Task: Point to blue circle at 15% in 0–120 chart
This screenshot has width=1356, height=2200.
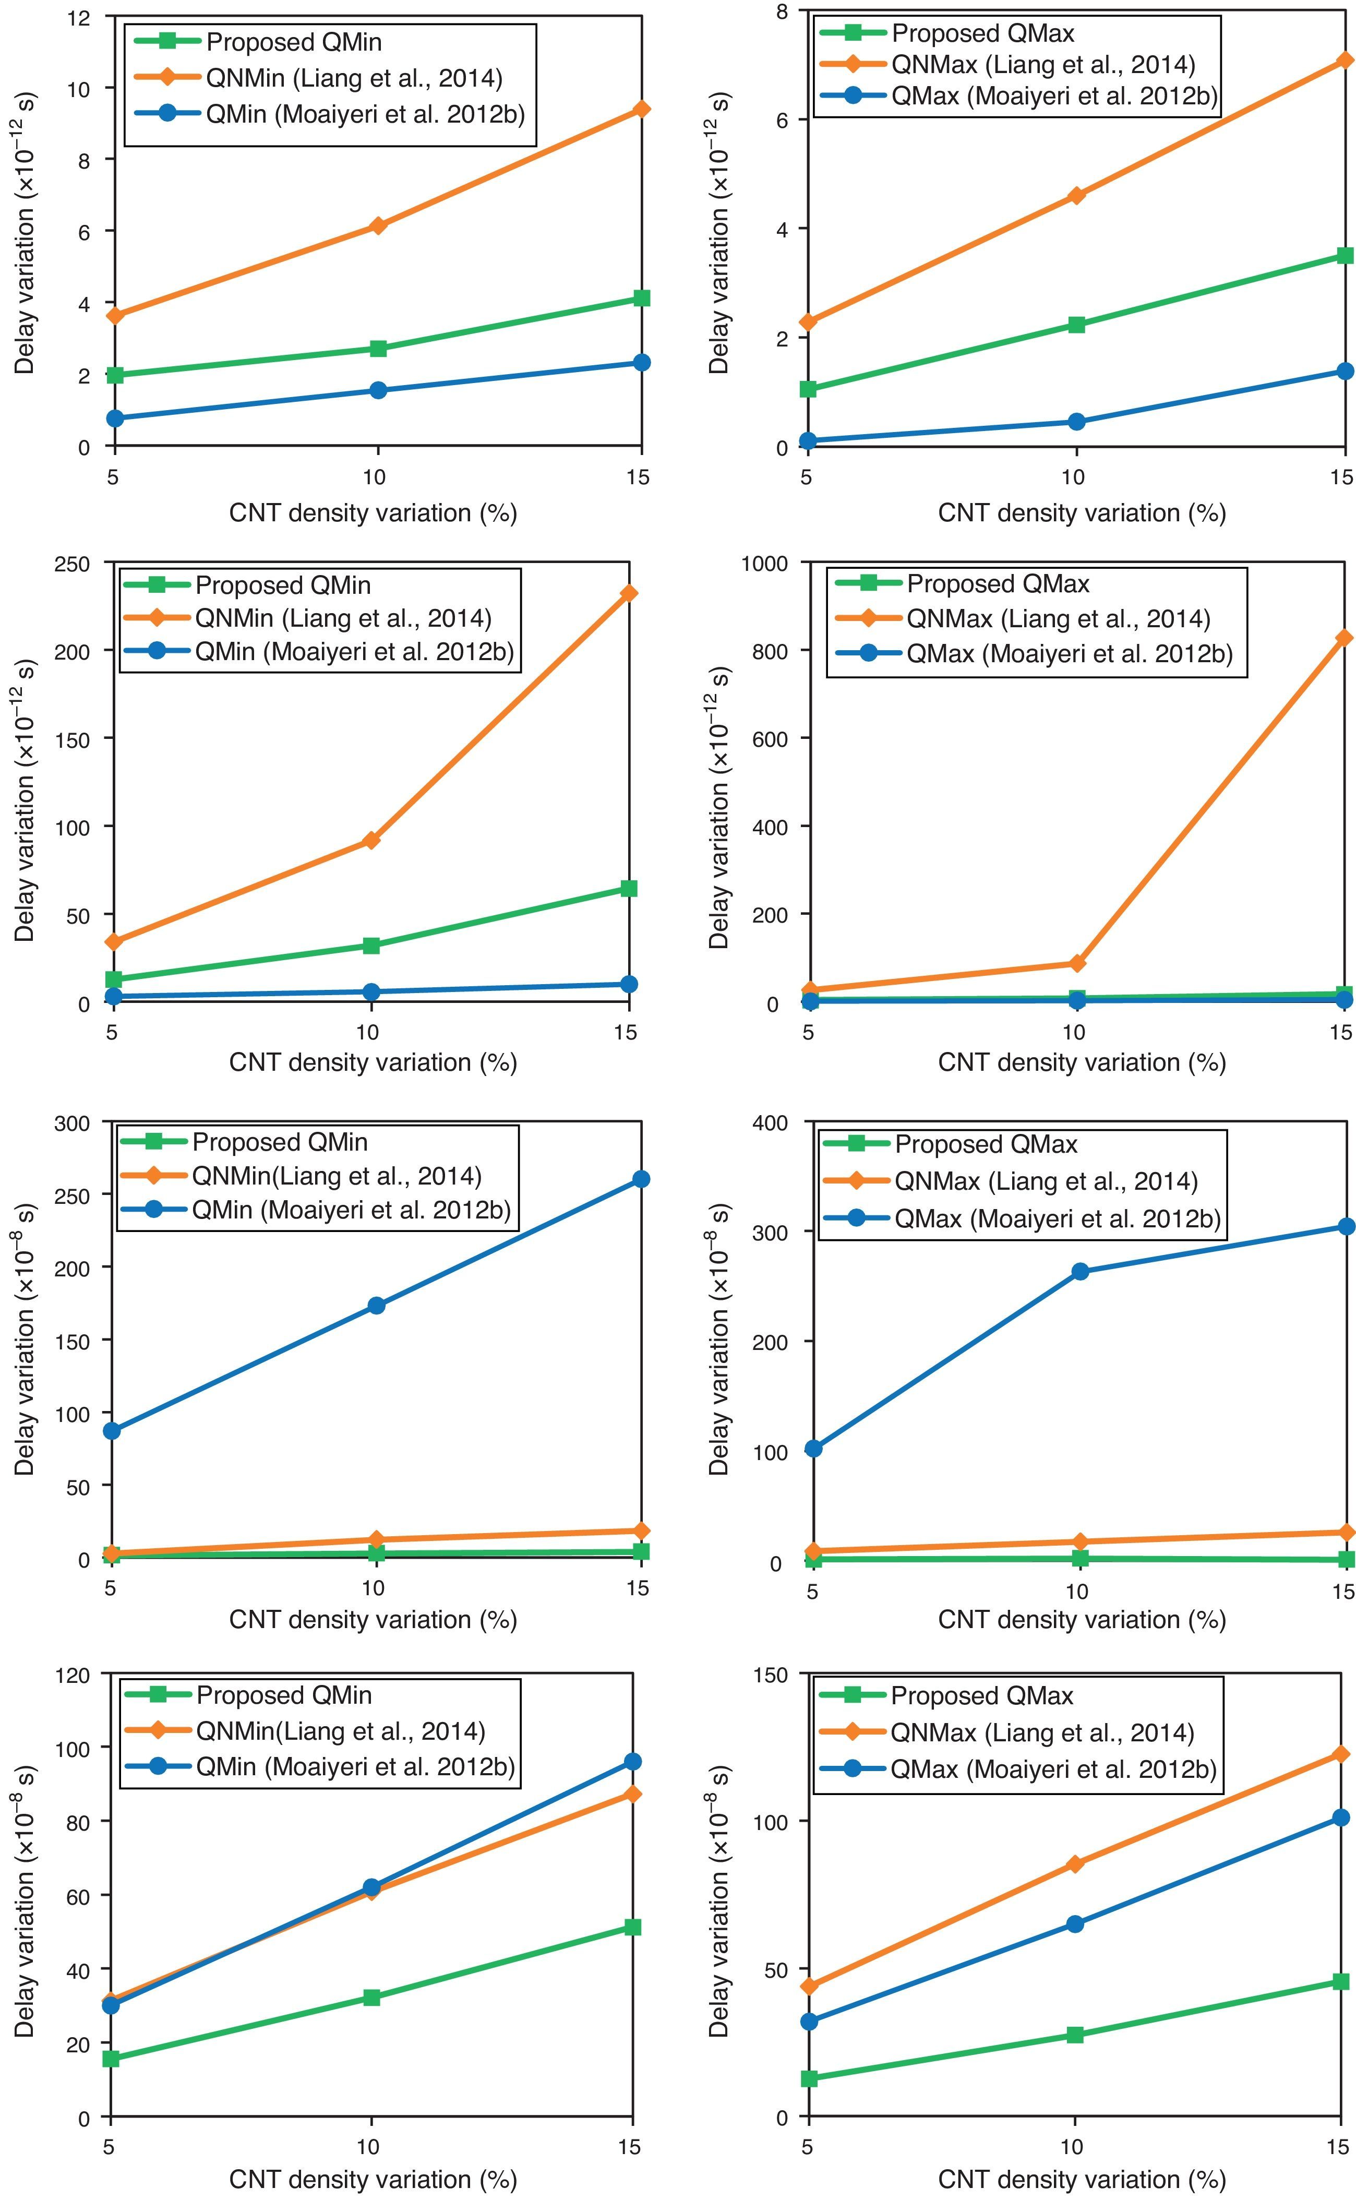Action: (632, 1762)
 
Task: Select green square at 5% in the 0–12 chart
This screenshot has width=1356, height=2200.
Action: (114, 375)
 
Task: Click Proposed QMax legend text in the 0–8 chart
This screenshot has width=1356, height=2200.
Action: (983, 34)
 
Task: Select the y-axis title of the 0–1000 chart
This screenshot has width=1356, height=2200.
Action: (719, 782)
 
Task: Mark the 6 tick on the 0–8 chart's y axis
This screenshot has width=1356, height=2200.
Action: (780, 119)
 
